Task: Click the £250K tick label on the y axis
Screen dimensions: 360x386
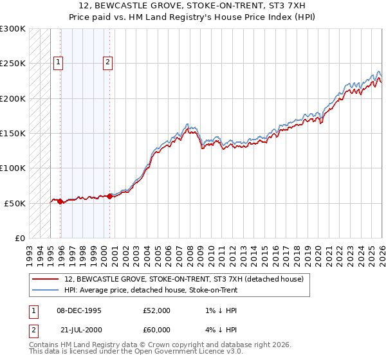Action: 13,64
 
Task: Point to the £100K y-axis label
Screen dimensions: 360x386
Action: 13,168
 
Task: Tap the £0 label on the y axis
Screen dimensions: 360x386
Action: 19,238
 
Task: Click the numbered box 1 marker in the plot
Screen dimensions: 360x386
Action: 58,62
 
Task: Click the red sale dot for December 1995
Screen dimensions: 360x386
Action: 60,202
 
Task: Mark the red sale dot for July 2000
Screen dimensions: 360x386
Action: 109,196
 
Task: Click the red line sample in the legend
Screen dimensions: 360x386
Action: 46,279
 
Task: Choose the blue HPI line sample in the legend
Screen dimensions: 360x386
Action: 46,289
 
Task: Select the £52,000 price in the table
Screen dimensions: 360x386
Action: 157,310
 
